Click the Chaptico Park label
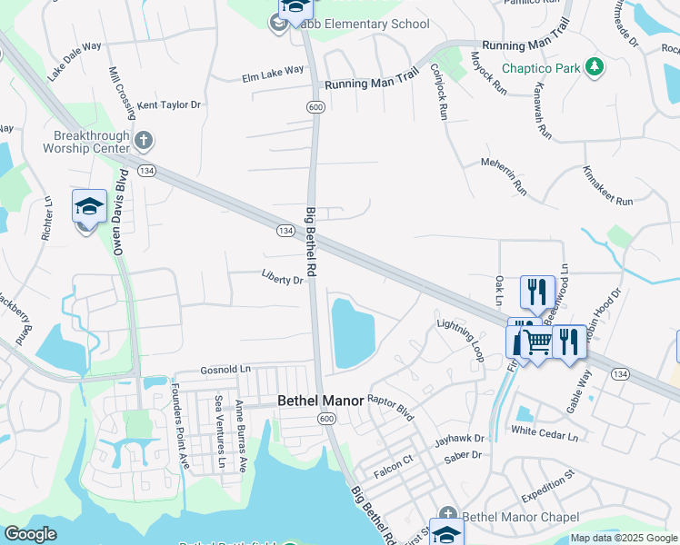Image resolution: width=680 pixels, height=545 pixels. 540,68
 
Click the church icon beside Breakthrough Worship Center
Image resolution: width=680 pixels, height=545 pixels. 143,140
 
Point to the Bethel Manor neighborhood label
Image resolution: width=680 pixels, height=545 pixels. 320,401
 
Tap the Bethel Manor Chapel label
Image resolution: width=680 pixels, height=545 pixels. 521,518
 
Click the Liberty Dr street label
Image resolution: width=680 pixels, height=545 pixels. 281,280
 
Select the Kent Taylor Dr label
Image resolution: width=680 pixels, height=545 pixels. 168,105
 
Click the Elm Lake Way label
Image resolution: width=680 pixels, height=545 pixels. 273,72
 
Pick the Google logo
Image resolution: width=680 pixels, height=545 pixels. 30,535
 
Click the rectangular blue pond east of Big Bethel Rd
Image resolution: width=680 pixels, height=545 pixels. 353,333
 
